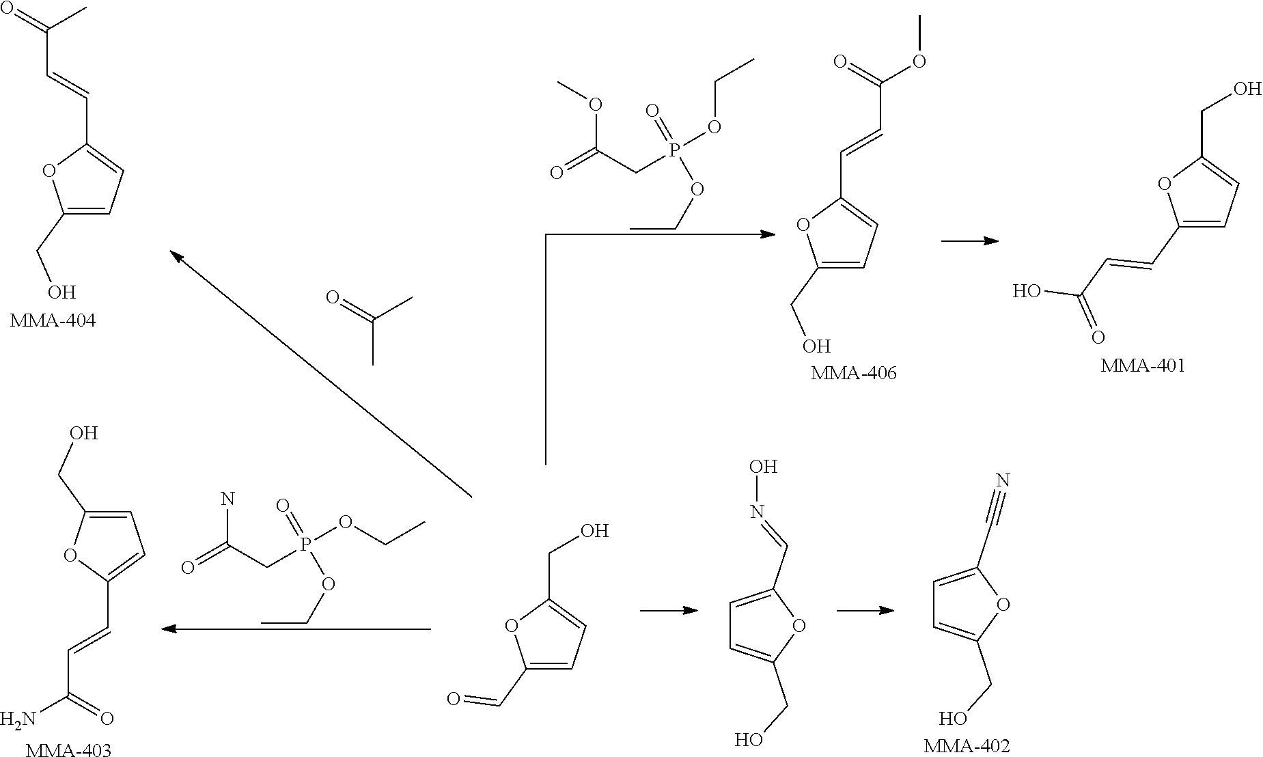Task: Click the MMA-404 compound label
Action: [x=53, y=320]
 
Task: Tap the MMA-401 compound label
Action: [x=1142, y=366]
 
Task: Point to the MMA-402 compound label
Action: [x=967, y=745]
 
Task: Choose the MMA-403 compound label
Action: [x=68, y=750]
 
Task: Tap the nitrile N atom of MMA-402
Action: [x=1002, y=480]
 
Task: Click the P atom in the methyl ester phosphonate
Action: [x=674, y=150]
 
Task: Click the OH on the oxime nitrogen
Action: [x=763, y=467]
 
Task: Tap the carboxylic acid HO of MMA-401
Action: [x=1026, y=292]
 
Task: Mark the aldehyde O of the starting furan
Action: [x=454, y=698]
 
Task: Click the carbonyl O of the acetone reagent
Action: [x=333, y=297]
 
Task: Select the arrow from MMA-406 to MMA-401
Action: [x=969, y=241]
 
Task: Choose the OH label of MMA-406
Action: [x=816, y=346]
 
